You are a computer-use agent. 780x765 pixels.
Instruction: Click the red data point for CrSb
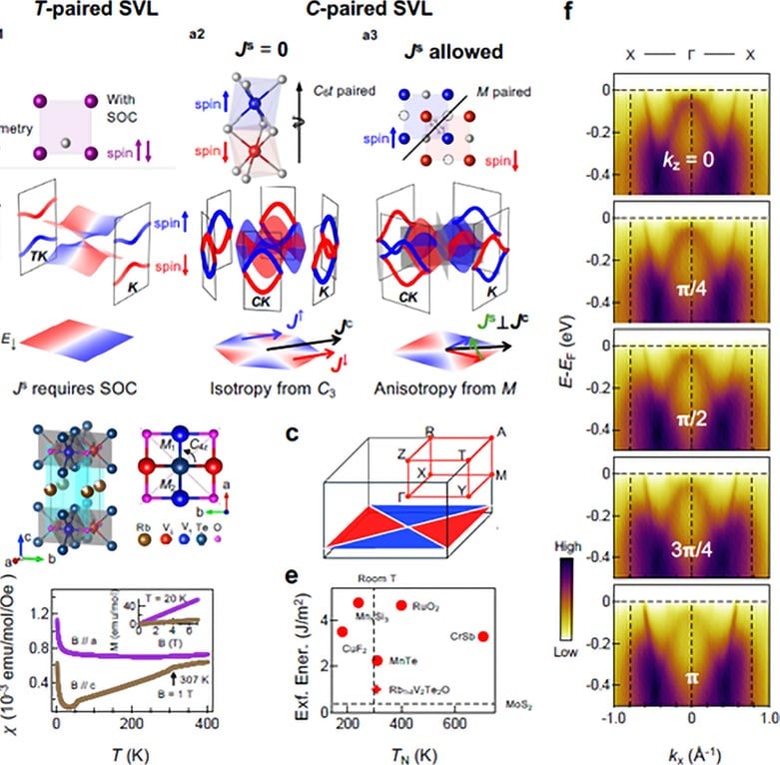[483, 636]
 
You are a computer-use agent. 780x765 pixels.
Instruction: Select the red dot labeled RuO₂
[401, 605]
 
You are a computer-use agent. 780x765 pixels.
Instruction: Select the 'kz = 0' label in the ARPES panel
[684, 158]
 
